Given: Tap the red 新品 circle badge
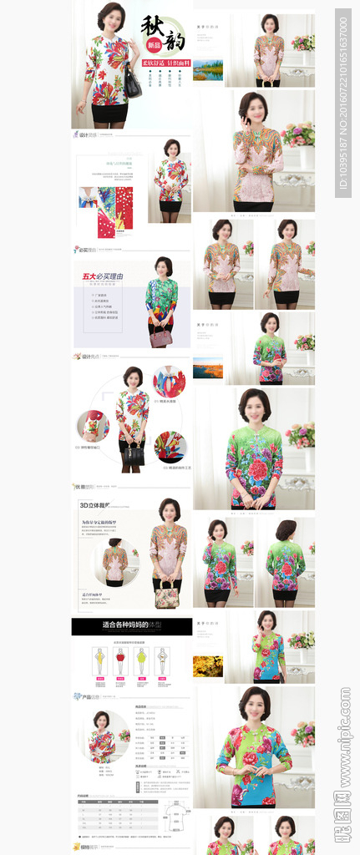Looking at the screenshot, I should point(153,44).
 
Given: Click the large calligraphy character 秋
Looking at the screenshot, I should point(152,24).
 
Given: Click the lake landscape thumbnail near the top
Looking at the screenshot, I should point(208,70).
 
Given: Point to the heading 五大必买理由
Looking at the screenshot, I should point(103,276).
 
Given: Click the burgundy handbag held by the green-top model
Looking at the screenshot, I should point(161,336).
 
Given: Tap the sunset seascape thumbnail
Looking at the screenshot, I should point(208,367).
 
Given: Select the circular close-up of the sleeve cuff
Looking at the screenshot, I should point(94,425).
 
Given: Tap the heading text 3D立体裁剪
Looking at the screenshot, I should point(95,506).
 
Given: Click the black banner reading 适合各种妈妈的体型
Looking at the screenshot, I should point(131,625).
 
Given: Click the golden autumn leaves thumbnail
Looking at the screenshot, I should point(208,665).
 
